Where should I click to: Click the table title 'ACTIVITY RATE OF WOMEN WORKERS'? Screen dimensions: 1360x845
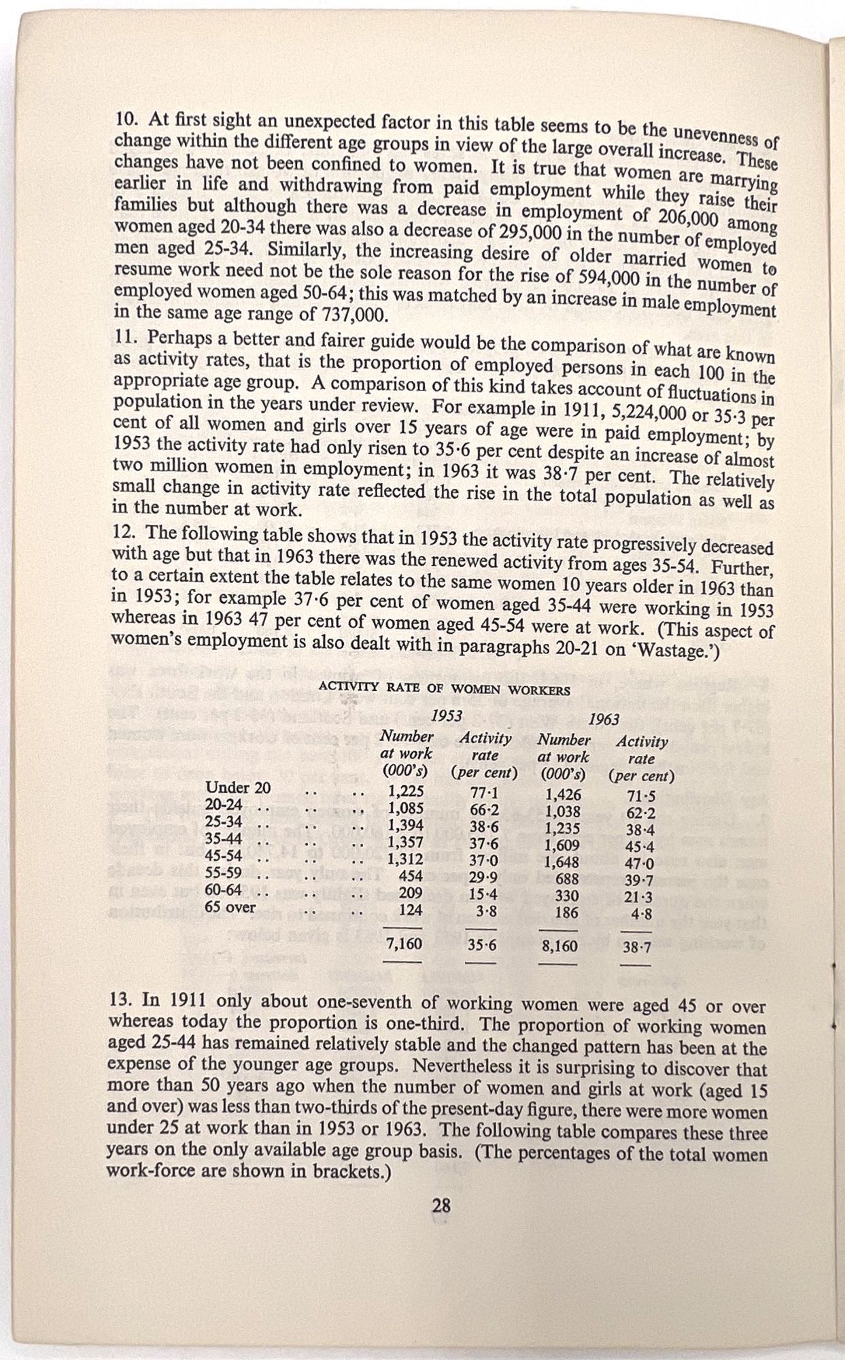tap(444, 690)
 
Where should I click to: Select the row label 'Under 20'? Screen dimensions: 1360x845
tap(238, 788)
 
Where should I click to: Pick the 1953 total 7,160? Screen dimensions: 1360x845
tap(404, 944)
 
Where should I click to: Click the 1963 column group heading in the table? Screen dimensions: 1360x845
tap(604, 719)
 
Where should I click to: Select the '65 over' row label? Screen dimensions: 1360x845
tap(230, 907)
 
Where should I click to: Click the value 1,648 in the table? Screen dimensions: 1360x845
tap(562, 863)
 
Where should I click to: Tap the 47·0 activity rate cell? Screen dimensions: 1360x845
tap(638, 865)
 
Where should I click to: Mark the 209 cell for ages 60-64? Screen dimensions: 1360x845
tap(410, 892)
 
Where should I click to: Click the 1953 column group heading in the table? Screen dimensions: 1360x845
tap(447, 715)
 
